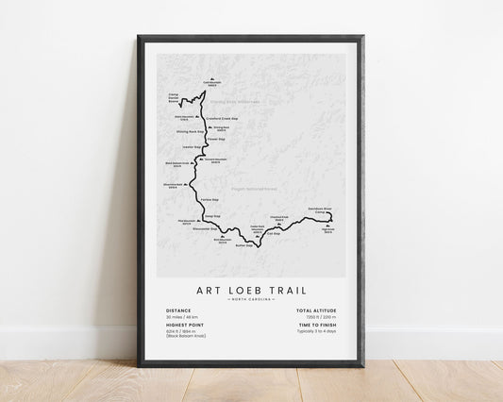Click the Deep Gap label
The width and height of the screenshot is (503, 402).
tap(211, 216)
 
